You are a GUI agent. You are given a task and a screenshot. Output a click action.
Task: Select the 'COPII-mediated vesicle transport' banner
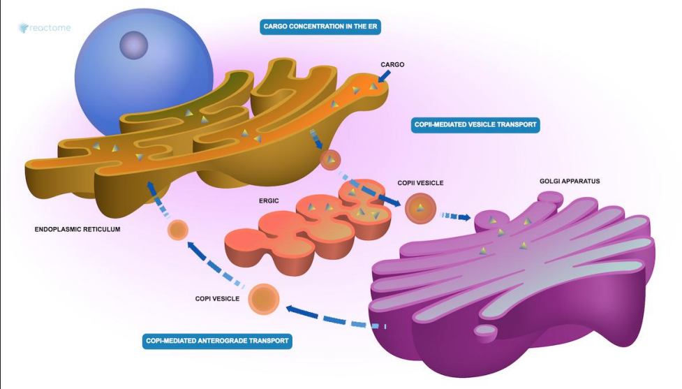[x=474, y=125]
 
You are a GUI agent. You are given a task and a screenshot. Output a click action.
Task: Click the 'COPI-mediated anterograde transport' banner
[x=216, y=342]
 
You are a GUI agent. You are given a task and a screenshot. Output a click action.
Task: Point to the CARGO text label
[x=392, y=65]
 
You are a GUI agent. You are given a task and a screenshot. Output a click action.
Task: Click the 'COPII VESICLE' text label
[x=420, y=183]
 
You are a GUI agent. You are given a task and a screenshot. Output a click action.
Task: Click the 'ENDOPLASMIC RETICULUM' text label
[x=77, y=228]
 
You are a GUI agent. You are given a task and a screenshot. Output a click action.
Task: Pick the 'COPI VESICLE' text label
[x=217, y=299]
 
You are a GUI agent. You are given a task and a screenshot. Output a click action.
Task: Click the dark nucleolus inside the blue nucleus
[x=134, y=45]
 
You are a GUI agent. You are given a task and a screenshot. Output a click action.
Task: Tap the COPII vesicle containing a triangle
[x=421, y=208]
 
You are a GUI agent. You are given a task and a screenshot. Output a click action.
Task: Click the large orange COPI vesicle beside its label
[x=264, y=299]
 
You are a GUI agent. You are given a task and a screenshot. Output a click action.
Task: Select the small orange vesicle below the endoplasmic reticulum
[x=178, y=230]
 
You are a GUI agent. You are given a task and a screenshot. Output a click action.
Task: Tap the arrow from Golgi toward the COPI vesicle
[x=328, y=317]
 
